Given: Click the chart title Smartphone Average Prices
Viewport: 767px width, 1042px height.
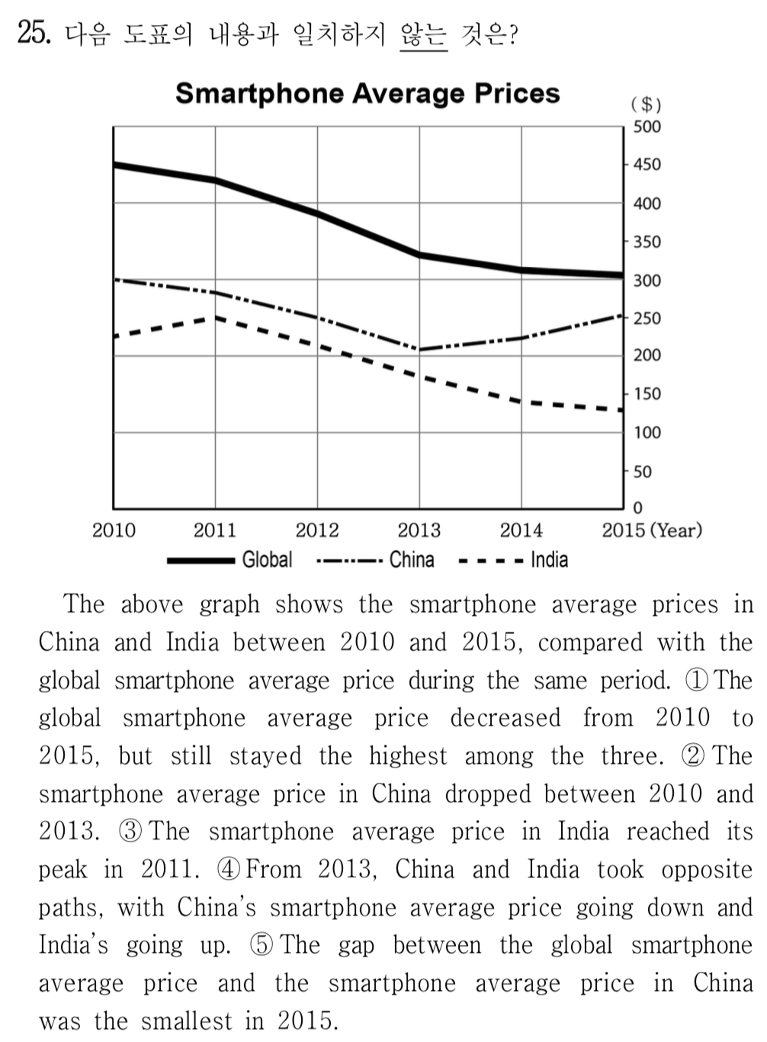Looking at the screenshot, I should (367, 94).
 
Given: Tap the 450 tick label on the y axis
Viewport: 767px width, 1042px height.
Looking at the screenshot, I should (647, 165).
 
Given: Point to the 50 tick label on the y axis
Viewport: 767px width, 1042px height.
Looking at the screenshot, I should (643, 471).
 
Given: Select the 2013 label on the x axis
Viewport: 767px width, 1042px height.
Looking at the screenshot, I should (419, 531).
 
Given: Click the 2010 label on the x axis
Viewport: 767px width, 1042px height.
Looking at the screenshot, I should (114, 531).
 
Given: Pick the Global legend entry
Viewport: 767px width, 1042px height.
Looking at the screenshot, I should (266, 560).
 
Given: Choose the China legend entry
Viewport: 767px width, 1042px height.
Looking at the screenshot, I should (411, 560).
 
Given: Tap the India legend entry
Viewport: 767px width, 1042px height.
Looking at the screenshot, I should (548, 560).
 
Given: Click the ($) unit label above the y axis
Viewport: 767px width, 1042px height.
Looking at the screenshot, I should (646, 104).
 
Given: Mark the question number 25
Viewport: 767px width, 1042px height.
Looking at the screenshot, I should (34, 34).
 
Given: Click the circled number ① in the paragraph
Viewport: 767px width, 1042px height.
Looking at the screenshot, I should (697, 681).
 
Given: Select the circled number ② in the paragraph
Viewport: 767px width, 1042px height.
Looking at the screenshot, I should (692, 756).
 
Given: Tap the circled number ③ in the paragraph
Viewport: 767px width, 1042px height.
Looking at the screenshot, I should (130, 832).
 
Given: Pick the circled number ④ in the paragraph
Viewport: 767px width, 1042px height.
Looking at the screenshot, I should (229, 870).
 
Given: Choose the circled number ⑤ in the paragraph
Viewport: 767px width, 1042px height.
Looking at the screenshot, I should (261, 946).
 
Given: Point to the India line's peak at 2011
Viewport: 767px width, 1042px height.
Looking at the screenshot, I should (216, 316).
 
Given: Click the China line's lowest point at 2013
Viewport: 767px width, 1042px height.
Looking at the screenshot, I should (419, 350).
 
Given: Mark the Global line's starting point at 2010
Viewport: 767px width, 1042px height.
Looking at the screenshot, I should (114, 165).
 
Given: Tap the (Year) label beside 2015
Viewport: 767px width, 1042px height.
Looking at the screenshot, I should (676, 531).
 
